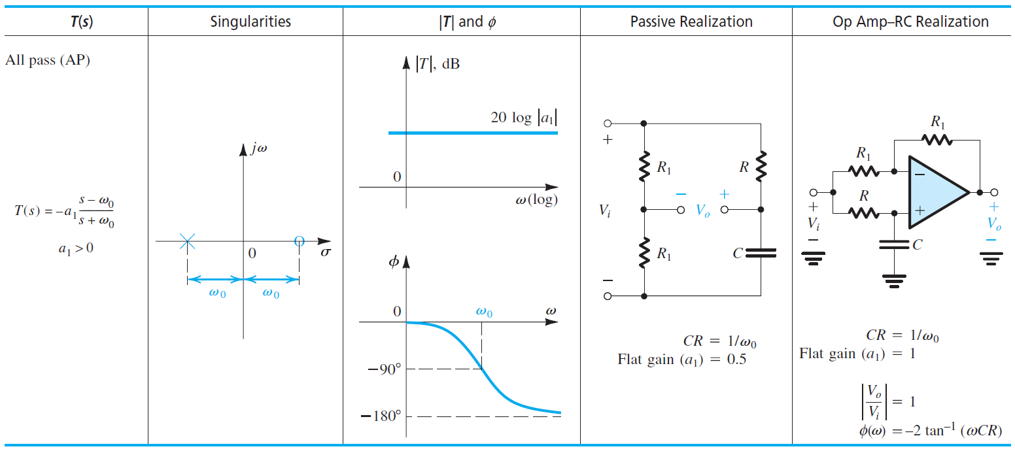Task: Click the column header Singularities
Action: pyautogui.click(x=250, y=22)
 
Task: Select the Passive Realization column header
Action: pyautogui.click(x=691, y=22)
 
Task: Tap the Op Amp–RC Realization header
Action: pyautogui.click(x=910, y=22)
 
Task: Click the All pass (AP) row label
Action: pyautogui.click(x=48, y=60)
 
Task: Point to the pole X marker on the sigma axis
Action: pyautogui.click(x=187, y=242)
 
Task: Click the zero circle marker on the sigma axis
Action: pyautogui.click(x=299, y=242)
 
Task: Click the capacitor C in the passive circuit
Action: pyautogui.click(x=760, y=253)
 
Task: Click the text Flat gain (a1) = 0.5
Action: pyautogui.click(x=681, y=360)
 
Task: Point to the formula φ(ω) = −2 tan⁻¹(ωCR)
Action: pyautogui.click(x=930, y=431)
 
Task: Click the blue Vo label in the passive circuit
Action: pyautogui.click(x=702, y=210)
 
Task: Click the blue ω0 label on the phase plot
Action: pyautogui.click(x=484, y=312)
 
